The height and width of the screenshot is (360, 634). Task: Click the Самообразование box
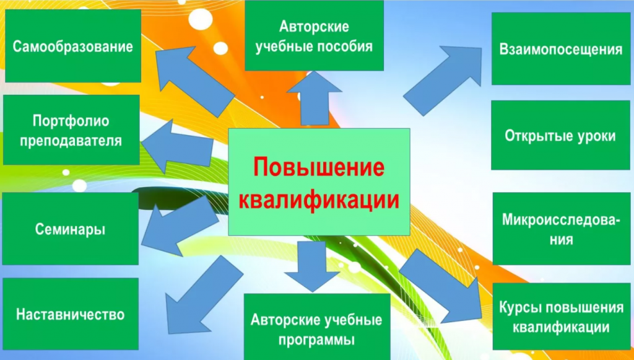point(73,46)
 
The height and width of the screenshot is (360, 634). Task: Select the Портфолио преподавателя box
point(71,130)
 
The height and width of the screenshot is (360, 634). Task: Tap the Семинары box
point(71,229)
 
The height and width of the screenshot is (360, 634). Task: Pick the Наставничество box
point(71,314)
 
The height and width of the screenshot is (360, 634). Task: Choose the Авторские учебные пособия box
point(314,35)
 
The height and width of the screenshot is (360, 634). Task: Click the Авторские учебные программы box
point(317,327)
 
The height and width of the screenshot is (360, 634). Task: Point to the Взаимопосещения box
point(561,48)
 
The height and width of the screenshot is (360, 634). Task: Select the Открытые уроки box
point(560,135)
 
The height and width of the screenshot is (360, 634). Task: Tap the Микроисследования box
point(561,229)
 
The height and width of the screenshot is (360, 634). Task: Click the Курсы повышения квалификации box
point(561,316)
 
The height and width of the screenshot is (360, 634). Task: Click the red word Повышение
point(319,167)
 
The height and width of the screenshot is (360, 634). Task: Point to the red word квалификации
point(319,199)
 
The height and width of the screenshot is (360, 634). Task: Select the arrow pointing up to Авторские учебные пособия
point(315,99)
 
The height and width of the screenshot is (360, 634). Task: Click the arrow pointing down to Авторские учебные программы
point(312,266)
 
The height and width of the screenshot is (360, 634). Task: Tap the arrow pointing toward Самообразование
point(194,81)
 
